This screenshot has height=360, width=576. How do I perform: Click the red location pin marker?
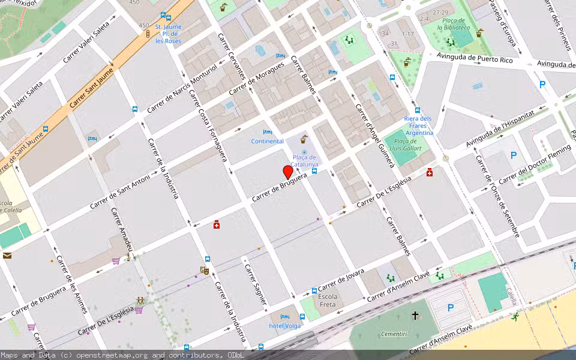288,172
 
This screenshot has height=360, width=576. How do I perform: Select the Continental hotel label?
267,141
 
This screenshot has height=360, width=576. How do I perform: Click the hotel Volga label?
284,326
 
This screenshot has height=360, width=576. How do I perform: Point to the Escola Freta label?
327,301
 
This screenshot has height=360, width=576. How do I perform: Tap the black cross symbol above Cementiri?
415,315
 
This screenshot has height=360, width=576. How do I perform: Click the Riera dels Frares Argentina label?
418,125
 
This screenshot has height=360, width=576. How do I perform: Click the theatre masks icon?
204,271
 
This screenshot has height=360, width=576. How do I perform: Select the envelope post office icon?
7,256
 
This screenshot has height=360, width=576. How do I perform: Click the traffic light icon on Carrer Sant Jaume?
148,34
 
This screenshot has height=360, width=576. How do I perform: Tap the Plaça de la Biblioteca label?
453,23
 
